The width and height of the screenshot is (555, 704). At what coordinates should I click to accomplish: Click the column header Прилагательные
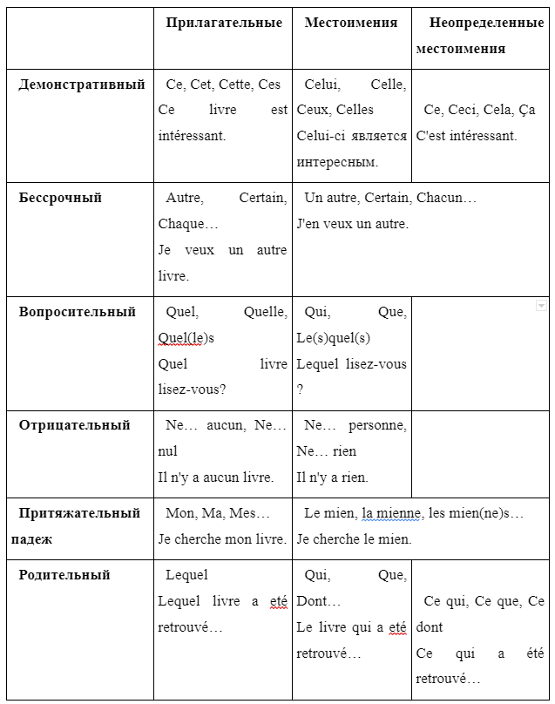pos(224,23)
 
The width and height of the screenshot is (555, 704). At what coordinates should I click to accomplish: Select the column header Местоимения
pos(350,23)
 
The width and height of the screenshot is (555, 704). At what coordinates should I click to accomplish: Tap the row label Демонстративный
pos(82,85)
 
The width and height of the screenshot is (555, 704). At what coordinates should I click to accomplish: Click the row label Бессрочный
pos(60,198)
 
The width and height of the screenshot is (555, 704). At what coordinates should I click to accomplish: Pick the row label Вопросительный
pos(78,312)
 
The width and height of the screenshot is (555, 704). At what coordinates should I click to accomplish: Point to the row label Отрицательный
pos(74,425)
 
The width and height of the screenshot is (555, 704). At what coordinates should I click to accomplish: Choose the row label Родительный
pos(64,575)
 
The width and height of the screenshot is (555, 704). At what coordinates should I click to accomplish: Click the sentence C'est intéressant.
pos(466,136)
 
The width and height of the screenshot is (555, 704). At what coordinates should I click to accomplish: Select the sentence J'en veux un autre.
pos(352,224)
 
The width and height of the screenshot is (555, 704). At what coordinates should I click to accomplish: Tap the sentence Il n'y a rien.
pos(332,477)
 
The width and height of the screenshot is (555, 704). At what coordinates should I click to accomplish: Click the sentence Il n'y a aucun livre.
pos(216,477)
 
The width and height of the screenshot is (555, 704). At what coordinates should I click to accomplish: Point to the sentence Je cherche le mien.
pos(354,539)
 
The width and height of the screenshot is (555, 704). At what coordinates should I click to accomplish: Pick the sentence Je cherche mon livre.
pos(222,539)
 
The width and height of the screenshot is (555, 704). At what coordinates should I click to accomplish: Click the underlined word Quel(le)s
pos(186,338)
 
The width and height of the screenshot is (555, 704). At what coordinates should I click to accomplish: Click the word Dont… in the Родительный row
pos(318,601)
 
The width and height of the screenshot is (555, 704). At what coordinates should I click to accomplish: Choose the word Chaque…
pos(188,224)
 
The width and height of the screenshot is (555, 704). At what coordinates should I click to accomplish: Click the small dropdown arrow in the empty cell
pos(541,306)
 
